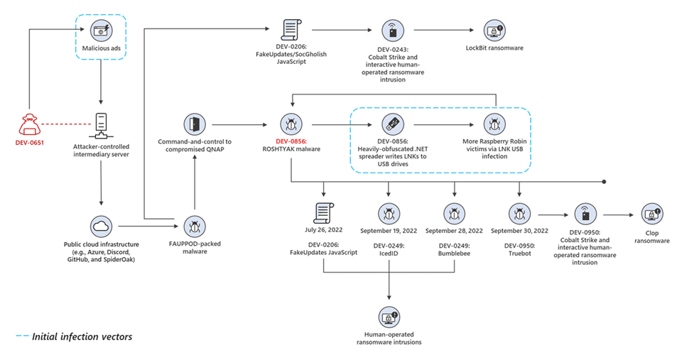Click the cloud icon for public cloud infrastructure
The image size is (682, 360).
[101, 226]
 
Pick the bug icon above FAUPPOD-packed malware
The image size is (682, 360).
[194, 226]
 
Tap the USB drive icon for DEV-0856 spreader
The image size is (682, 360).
[389, 124]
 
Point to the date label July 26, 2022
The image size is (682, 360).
[325, 231]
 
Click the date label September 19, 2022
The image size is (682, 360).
[389, 231]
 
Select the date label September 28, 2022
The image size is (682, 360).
[454, 231]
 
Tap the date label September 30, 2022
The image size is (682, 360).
[519, 231]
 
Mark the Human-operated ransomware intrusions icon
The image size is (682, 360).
[389, 317]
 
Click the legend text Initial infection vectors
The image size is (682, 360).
[82, 337]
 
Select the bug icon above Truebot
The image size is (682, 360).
[519, 212]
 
